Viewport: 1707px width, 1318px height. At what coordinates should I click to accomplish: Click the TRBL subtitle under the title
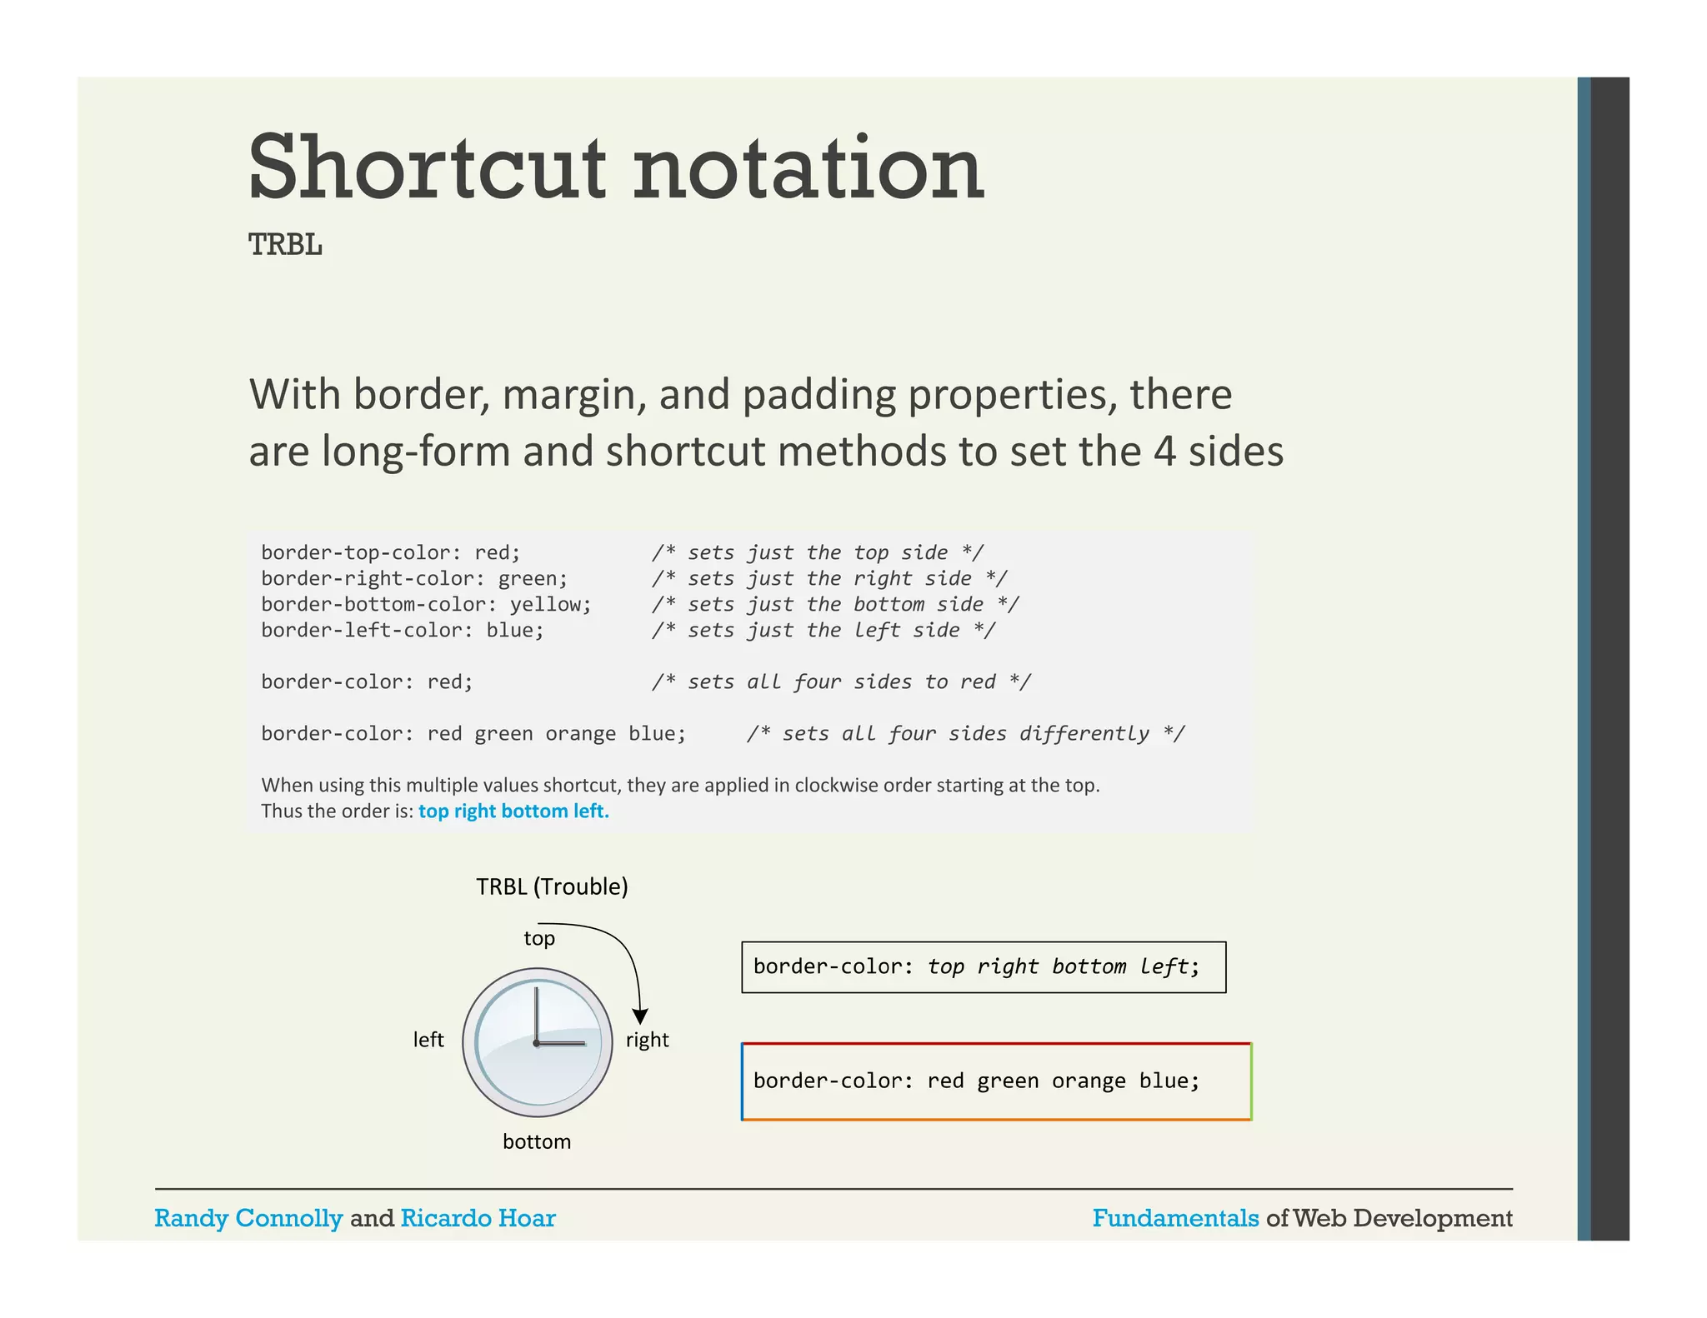pyautogui.click(x=285, y=245)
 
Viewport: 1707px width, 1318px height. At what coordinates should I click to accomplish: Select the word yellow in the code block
pyautogui.click(x=545, y=605)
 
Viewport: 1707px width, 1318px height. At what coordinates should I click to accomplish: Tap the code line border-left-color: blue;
pyautogui.click(x=402, y=631)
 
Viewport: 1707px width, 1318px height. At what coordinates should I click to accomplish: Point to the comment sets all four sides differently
pyautogui.click(x=965, y=734)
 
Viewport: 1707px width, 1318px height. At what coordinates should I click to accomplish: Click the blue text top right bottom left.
pyautogui.click(x=513, y=811)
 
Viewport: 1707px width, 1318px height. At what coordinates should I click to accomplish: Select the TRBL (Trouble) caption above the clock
pyautogui.click(x=552, y=886)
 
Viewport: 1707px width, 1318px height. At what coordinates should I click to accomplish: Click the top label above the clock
pyautogui.click(x=539, y=939)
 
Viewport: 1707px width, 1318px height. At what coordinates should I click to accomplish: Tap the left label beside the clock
pyautogui.click(x=428, y=1040)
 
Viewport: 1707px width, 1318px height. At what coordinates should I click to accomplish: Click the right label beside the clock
pyautogui.click(x=647, y=1040)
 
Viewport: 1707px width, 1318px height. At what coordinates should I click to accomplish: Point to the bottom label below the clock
pyautogui.click(x=537, y=1141)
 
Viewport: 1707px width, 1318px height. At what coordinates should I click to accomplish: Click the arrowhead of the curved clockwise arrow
pyautogui.click(x=640, y=1016)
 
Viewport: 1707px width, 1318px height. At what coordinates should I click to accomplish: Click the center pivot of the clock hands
pyautogui.click(x=536, y=1043)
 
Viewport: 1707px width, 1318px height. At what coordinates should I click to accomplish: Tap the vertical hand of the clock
pyautogui.click(x=536, y=1013)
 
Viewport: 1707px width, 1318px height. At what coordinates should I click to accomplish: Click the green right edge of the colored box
pyautogui.click(x=1250, y=1081)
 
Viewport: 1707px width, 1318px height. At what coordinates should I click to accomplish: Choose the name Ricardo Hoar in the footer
pyautogui.click(x=478, y=1218)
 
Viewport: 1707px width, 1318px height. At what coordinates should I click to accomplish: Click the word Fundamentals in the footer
pyautogui.click(x=1175, y=1218)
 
